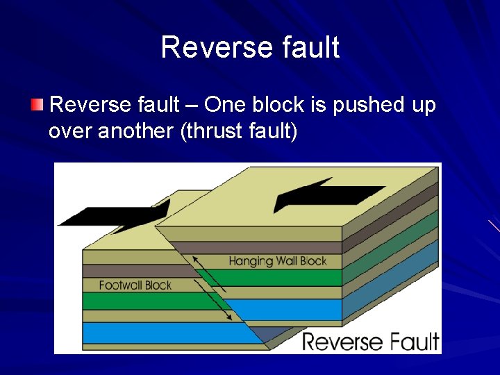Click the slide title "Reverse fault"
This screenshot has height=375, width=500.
click(x=250, y=48)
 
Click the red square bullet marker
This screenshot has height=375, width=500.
click(x=37, y=105)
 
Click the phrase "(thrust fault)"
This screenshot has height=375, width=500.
click(x=238, y=131)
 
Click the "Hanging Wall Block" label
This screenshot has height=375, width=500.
click(x=277, y=261)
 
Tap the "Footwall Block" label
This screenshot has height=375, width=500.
click(x=135, y=285)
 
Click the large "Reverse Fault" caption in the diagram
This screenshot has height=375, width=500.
click(x=370, y=342)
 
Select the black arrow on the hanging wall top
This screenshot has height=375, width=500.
click(x=326, y=194)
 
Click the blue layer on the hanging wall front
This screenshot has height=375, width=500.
click(x=292, y=308)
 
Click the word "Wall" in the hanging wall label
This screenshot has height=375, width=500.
click(x=285, y=261)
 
